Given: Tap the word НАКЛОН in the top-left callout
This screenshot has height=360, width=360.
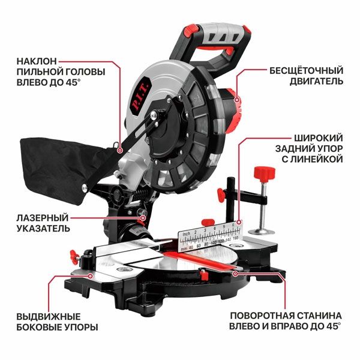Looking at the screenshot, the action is click(37, 61).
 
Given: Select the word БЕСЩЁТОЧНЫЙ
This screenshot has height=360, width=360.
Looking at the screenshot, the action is click(306, 71).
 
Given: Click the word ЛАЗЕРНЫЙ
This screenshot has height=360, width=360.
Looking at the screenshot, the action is click(43, 218).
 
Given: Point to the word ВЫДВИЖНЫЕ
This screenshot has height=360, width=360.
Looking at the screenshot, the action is click(49, 317).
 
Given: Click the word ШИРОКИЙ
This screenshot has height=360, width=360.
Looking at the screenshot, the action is click(319, 138).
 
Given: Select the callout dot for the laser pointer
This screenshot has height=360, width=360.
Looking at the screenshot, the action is click(143, 218).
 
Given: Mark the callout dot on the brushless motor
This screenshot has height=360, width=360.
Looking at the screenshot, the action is click(237, 100).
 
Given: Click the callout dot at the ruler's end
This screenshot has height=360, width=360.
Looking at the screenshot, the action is click(239, 222).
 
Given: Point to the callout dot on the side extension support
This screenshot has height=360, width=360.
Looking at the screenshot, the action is click(90, 276).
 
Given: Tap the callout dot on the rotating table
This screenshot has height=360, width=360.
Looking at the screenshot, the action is click(235, 274).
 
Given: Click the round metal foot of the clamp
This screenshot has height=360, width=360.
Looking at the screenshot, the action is click(261, 232).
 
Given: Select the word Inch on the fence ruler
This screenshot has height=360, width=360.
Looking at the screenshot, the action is click(187, 234).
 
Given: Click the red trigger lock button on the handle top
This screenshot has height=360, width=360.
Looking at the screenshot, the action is click(191, 31).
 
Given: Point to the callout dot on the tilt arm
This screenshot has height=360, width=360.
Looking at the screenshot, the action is click(119, 151).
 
